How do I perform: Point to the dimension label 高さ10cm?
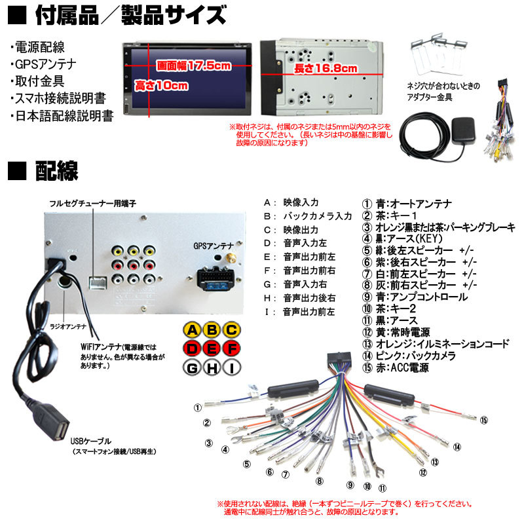pyautogui.click(x=161, y=86)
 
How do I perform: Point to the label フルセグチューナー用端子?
pyautogui.click(x=93, y=204)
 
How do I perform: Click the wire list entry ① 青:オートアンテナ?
pyautogui.click(x=406, y=204)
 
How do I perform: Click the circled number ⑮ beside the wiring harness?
pyautogui.click(x=484, y=420)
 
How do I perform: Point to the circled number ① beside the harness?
pyautogui.click(x=196, y=407)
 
